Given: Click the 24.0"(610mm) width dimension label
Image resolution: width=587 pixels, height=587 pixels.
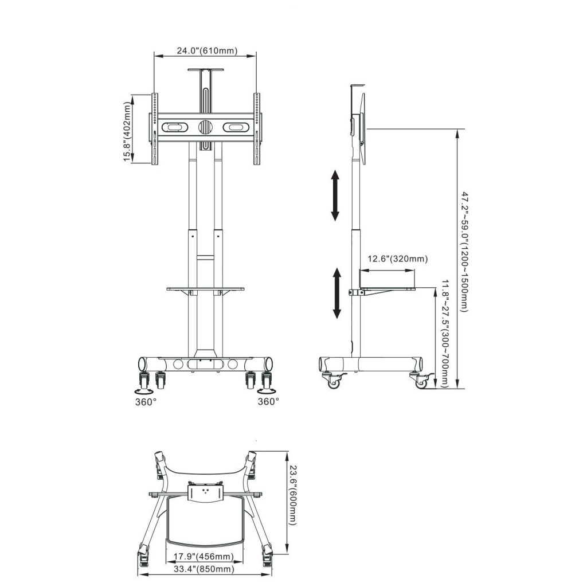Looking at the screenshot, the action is (207, 50).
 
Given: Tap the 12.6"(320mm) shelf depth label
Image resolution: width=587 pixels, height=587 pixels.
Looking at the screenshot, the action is (397, 259).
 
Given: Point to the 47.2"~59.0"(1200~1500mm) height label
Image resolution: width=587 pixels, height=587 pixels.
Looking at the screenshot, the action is (464, 252).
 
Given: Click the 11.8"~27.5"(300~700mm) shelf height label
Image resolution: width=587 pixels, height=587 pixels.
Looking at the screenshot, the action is (445, 333).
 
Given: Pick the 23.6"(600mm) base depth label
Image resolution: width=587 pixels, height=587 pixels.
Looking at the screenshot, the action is (293, 495).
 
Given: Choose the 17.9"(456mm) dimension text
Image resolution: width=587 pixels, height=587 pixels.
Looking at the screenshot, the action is (204, 556).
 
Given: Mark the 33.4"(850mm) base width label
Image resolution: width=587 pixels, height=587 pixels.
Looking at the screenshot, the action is (205, 569).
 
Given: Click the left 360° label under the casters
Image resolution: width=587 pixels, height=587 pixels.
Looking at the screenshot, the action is (146, 402).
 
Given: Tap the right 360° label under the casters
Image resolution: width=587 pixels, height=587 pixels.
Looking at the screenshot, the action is (268, 402).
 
